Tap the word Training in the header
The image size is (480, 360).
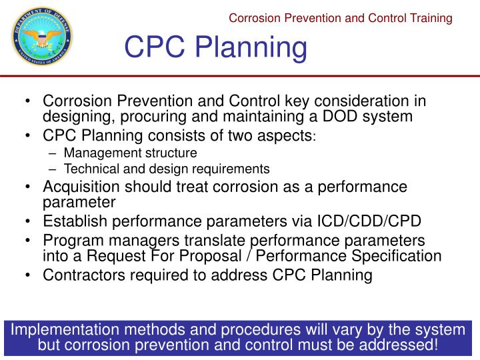pos(430,18)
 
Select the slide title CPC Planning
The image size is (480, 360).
pos(216,49)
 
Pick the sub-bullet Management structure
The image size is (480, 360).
pos(131,153)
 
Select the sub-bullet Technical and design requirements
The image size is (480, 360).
pos(167,169)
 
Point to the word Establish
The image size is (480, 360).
pos(72,221)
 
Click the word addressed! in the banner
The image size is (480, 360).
pos(399,345)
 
